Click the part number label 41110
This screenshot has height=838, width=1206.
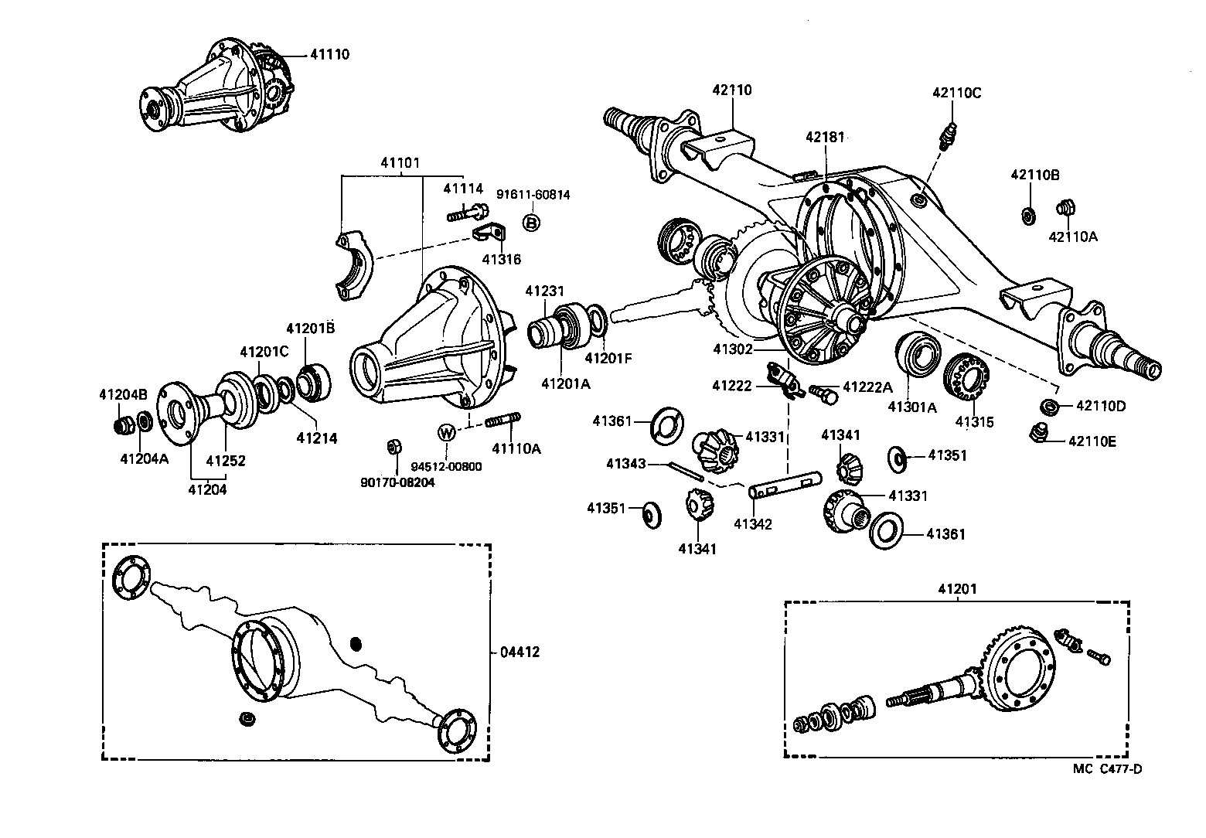(x=329, y=55)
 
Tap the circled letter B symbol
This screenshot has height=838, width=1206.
(x=531, y=223)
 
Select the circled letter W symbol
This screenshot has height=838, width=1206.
(x=446, y=432)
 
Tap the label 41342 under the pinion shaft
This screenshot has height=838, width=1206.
(x=752, y=525)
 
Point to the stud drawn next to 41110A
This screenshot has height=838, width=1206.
(x=502, y=421)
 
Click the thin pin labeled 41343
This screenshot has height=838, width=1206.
(x=684, y=470)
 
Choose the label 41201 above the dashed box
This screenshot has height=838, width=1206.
(x=957, y=588)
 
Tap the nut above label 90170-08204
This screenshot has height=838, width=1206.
(x=393, y=448)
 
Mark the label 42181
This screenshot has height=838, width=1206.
(x=824, y=137)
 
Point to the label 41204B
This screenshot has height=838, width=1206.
(x=119, y=394)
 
